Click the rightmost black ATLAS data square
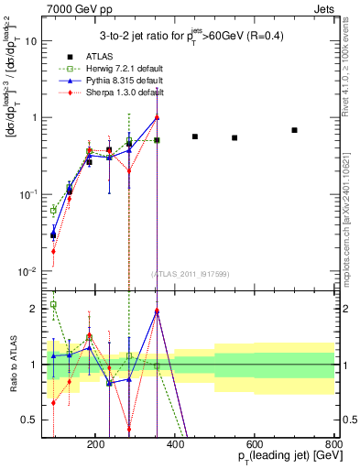coord(294,130)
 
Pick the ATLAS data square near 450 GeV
coord(195,136)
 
